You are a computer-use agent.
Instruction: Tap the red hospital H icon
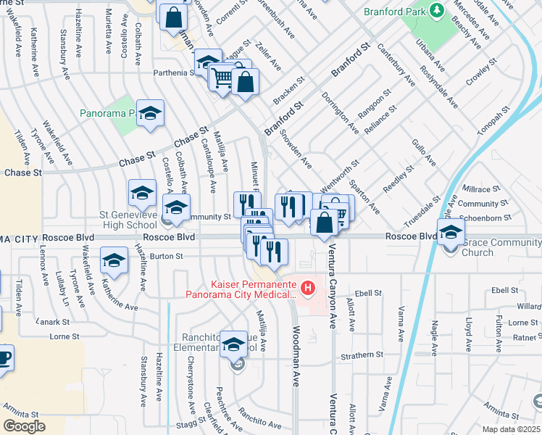tap(309, 289)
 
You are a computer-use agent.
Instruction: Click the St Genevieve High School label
tap(130, 220)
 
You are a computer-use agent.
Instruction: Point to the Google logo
tap(24, 426)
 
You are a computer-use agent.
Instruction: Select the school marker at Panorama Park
tap(151, 113)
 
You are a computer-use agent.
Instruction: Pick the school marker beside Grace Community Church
tap(451, 231)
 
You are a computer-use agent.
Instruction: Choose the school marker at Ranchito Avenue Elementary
tap(233, 344)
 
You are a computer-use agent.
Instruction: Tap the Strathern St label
tap(364, 355)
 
